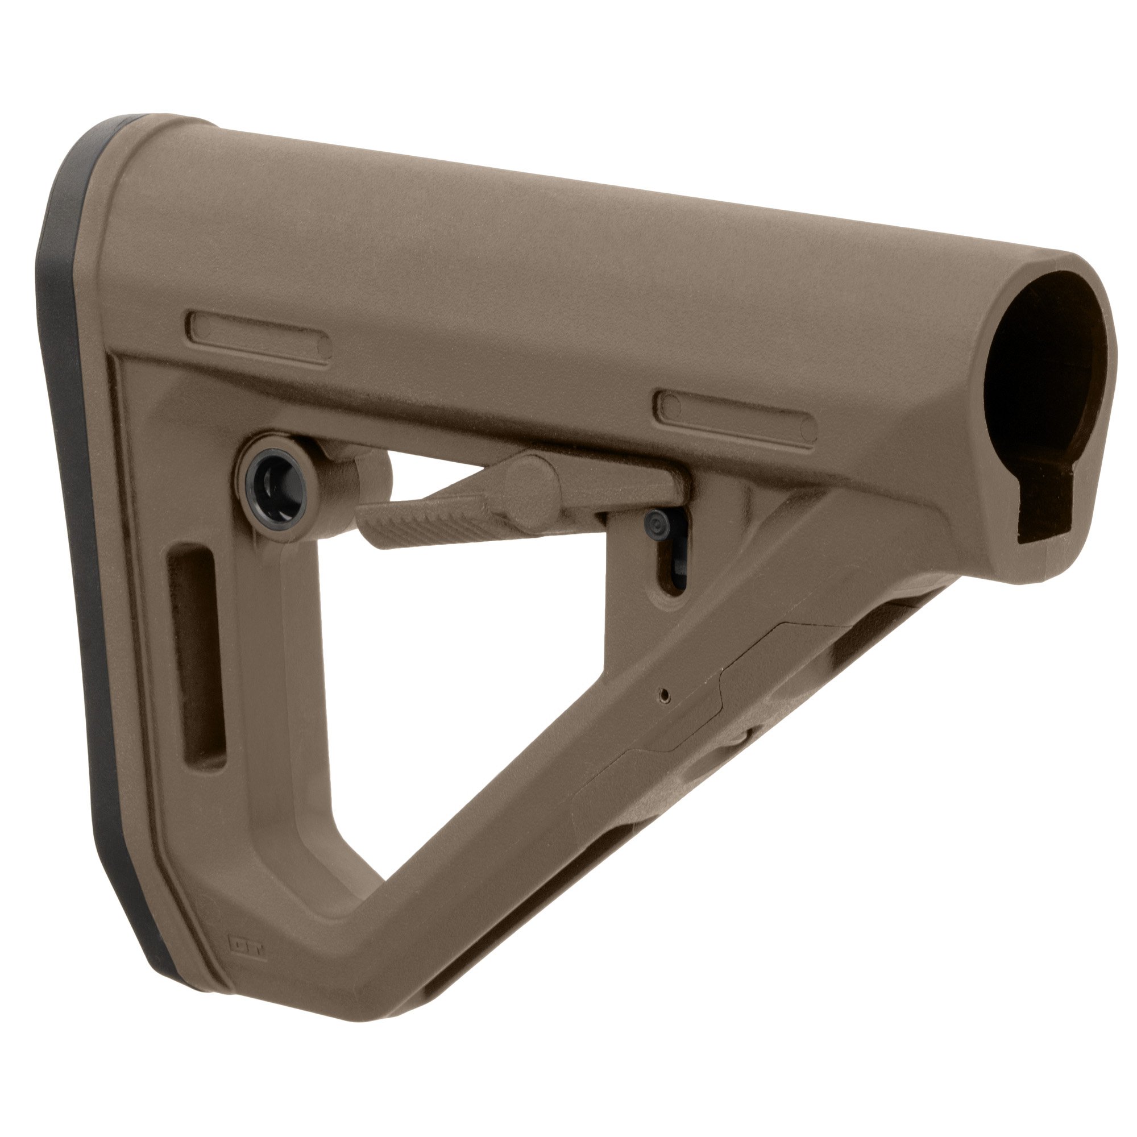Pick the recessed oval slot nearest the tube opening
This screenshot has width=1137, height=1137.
[736, 416]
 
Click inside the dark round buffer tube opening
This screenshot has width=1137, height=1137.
[1036, 377]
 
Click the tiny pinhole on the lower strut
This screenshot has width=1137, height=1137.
[665, 695]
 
